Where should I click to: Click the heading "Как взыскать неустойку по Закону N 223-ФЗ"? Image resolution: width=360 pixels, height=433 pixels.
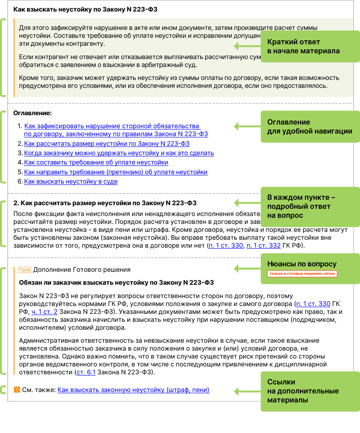point(85,9)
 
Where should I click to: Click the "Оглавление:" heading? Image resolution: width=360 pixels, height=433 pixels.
point(32,113)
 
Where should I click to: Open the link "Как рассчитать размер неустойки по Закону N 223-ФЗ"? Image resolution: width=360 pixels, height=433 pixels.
point(107,144)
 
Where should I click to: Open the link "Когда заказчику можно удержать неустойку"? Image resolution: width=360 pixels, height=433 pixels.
point(119,153)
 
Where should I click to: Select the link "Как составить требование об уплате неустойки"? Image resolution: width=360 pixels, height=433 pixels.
point(96,162)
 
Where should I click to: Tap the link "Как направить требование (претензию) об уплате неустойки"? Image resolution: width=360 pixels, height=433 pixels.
point(116,172)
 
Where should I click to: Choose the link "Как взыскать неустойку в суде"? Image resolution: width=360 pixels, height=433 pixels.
point(71,181)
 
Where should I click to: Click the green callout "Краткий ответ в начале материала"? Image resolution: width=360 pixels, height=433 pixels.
point(310,46)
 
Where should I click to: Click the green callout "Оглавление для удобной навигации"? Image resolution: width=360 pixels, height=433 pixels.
point(310,126)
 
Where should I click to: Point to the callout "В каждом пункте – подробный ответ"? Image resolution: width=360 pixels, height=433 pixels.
point(310,207)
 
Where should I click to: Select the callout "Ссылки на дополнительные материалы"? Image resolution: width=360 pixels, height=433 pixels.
point(310,391)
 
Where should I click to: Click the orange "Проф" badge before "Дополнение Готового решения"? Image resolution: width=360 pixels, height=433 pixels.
point(25,270)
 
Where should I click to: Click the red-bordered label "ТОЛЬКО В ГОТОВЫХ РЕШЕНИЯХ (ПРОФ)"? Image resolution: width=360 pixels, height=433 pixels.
point(302,274)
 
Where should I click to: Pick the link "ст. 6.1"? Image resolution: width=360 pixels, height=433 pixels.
point(86,372)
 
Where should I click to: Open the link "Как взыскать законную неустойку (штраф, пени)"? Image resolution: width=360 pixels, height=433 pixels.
point(133,390)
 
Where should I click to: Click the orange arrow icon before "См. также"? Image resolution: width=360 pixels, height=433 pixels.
point(17,390)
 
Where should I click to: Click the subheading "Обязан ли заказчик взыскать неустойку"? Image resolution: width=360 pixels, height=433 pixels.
point(116,283)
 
